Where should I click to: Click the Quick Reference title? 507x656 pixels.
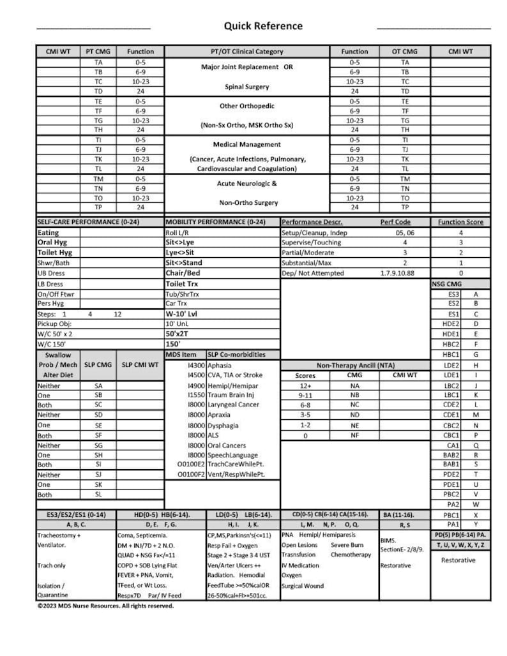click(x=263, y=26)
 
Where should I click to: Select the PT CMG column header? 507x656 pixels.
click(x=98, y=52)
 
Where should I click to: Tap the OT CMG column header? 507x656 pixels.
click(x=405, y=52)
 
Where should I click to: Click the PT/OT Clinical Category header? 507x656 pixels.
click(x=246, y=52)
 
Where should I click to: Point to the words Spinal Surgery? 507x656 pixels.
click(x=246, y=87)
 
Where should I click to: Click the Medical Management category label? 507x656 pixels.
click(x=246, y=145)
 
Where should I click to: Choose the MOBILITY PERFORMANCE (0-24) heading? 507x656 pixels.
click(x=214, y=222)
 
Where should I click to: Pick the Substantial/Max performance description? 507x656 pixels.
click(x=306, y=263)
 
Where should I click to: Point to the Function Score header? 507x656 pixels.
click(x=460, y=222)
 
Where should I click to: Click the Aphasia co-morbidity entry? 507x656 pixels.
click(x=220, y=366)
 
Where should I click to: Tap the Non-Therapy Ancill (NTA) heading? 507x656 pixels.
click(x=356, y=366)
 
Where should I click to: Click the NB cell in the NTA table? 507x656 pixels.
click(x=354, y=396)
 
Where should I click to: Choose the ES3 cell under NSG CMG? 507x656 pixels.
click(x=453, y=294)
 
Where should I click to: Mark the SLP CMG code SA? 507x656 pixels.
click(x=98, y=386)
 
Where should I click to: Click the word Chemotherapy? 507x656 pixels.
click(x=351, y=555)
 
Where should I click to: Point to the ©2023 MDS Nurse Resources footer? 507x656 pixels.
click(x=105, y=606)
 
